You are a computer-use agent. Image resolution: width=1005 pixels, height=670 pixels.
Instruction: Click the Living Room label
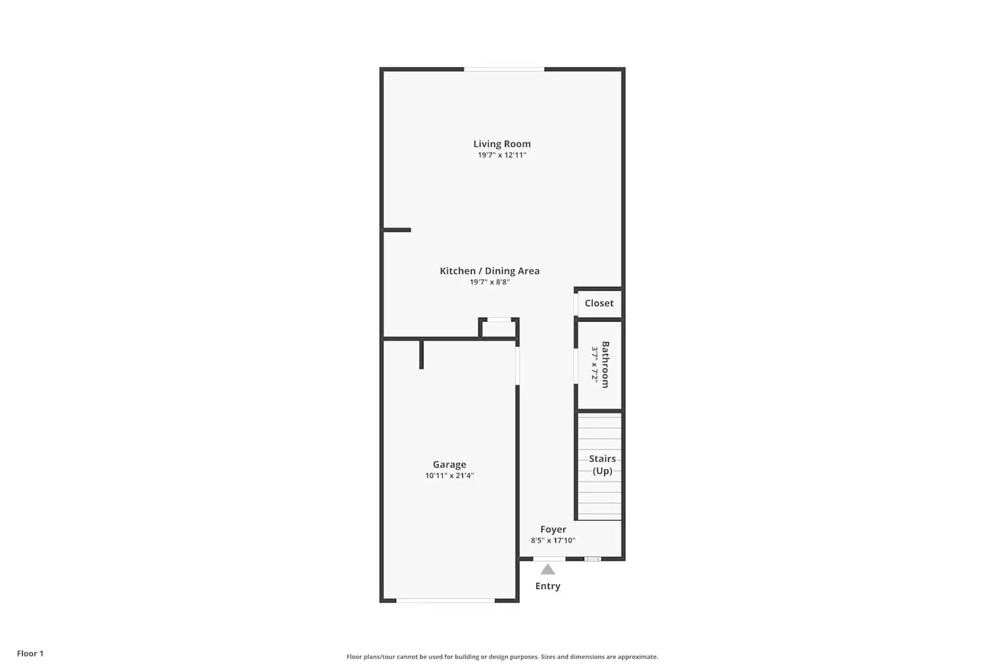(x=502, y=143)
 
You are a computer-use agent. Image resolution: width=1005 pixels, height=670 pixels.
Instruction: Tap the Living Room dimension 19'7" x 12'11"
(x=502, y=155)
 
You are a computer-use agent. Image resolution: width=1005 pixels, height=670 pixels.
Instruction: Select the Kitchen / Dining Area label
(x=489, y=271)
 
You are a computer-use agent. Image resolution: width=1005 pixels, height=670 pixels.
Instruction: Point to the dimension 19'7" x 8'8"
(x=489, y=283)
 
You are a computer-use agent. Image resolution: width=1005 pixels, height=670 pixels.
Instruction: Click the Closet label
(x=599, y=304)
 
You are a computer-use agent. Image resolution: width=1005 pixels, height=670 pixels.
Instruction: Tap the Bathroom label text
(x=606, y=364)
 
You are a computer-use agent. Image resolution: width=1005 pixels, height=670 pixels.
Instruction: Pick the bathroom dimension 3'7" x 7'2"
(x=594, y=364)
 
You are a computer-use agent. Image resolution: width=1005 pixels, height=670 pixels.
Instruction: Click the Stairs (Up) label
(x=602, y=464)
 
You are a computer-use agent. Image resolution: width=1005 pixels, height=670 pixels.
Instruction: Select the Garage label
(x=449, y=464)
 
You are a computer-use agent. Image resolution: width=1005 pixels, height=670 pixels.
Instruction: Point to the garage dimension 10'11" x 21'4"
(x=449, y=476)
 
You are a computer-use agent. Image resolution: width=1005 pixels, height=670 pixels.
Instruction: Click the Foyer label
(x=553, y=529)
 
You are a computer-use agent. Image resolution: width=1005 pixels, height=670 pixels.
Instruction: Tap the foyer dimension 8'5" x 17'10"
(x=553, y=541)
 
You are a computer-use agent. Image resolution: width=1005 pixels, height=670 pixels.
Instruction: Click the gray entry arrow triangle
(x=547, y=569)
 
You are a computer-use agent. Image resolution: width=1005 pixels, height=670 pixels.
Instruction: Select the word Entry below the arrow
(x=547, y=586)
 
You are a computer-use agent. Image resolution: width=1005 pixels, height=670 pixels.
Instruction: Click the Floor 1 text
(x=30, y=654)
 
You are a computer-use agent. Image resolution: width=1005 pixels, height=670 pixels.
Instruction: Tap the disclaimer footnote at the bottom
(x=502, y=657)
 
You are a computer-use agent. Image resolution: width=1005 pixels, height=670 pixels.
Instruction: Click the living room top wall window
(x=504, y=69)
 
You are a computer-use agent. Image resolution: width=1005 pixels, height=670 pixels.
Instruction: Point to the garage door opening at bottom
(x=446, y=600)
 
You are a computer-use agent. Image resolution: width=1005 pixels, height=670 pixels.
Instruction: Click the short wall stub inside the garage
(x=421, y=354)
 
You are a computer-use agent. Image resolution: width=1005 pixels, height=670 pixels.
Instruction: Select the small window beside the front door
(x=593, y=559)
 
